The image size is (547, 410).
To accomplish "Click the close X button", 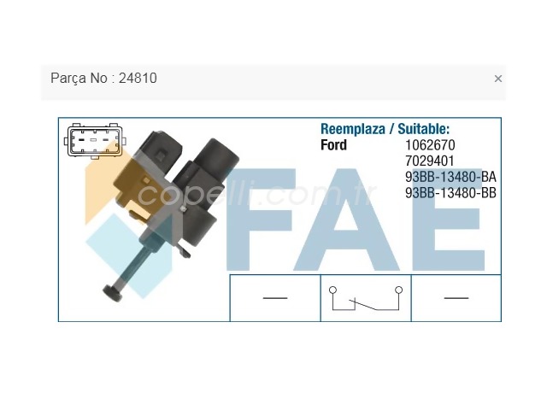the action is tap(497, 79).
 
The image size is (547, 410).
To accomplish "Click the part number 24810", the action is tap(138, 78).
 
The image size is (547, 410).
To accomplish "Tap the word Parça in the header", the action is tap(69, 78).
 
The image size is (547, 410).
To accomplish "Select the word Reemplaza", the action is tap(353, 129).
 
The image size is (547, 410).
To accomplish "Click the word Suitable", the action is tap(424, 129).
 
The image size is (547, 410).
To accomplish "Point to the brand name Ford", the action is tap(333, 145).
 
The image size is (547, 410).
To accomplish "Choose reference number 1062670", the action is tap(430, 145).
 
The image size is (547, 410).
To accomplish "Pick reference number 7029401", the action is tap(429, 161).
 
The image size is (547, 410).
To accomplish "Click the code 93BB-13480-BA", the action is tap(450, 177).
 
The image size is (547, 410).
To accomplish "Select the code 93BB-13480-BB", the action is tap(450, 193).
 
